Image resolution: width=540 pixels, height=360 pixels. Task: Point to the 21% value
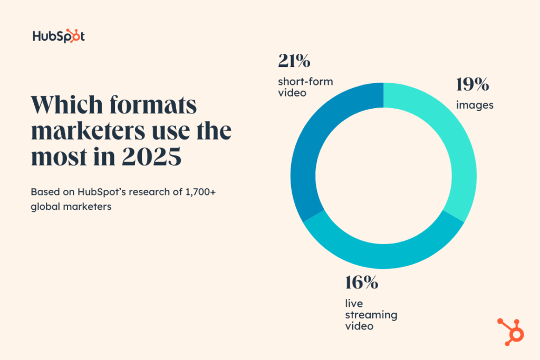(x=294, y=61)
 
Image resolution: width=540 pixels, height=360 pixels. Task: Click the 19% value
(x=473, y=84)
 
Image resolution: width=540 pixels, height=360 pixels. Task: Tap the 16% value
(x=362, y=283)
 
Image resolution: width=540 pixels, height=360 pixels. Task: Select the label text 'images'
(x=475, y=105)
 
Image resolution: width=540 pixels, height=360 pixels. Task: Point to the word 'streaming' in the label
(x=371, y=315)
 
